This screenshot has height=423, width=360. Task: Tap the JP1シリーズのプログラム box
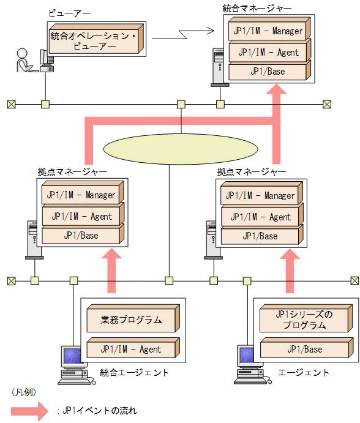point(303,320)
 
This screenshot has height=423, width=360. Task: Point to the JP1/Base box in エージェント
point(303,349)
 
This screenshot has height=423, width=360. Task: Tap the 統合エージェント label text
point(134,372)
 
